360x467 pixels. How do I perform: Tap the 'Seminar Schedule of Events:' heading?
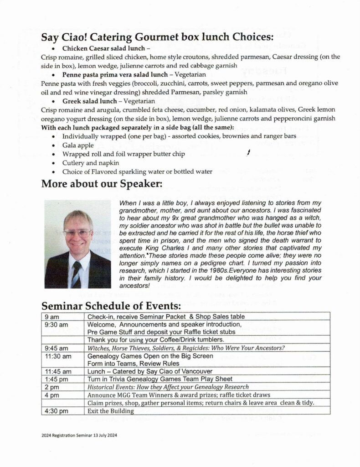click(111, 305)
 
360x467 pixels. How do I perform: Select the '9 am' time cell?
click(51, 317)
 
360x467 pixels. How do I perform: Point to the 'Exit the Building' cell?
click(111, 411)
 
